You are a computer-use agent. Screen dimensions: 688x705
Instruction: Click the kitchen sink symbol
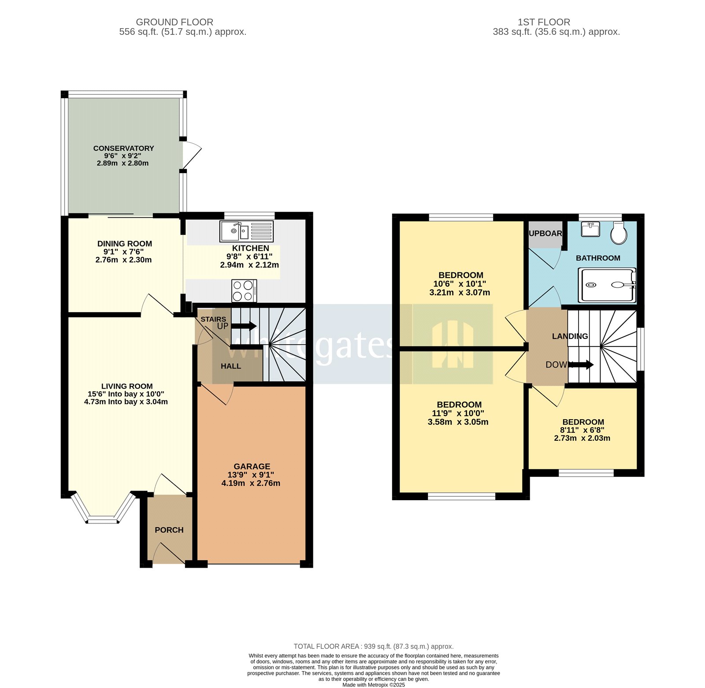[x=246, y=231]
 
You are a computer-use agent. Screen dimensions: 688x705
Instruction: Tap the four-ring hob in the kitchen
[x=244, y=291]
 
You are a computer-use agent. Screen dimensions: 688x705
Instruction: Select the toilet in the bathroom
[x=619, y=233]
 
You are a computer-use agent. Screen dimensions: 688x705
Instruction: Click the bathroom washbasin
[x=590, y=229]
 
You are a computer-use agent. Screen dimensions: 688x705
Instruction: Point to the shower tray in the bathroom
[x=607, y=285]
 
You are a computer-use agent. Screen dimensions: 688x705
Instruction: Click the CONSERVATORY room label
[x=123, y=149]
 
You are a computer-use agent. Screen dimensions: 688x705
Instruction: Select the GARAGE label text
[x=252, y=466]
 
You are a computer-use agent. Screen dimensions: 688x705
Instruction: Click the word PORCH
[x=169, y=530]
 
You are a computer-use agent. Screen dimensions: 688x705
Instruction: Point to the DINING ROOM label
[x=124, y=244]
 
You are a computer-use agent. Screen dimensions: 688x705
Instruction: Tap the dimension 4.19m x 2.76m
[x=251, y=483]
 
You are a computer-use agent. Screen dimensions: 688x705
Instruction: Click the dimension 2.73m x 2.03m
[x=582, y=438]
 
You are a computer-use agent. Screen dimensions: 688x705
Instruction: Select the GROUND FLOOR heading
[x=174, y=22]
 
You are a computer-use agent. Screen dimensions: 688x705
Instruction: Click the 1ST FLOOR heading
[x=544, y=22]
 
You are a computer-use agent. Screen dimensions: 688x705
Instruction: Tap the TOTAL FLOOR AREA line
[x=373, y=647]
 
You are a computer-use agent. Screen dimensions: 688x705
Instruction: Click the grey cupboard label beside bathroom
[x=545, y=234]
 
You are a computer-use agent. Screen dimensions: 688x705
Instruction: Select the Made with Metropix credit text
[x=373, y=685]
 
